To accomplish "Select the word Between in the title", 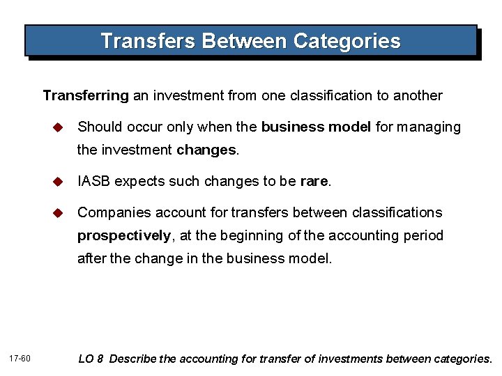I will (x=244, y=41).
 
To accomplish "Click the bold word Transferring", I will (x=86, y=95).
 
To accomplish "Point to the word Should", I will (x=98, y=127).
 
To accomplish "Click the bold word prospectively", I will (x=124, y=236).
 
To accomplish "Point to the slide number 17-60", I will (x=21, y=359).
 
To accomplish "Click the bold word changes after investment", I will (x=207, y=150).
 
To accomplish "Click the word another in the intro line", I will (x=418, y=95).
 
